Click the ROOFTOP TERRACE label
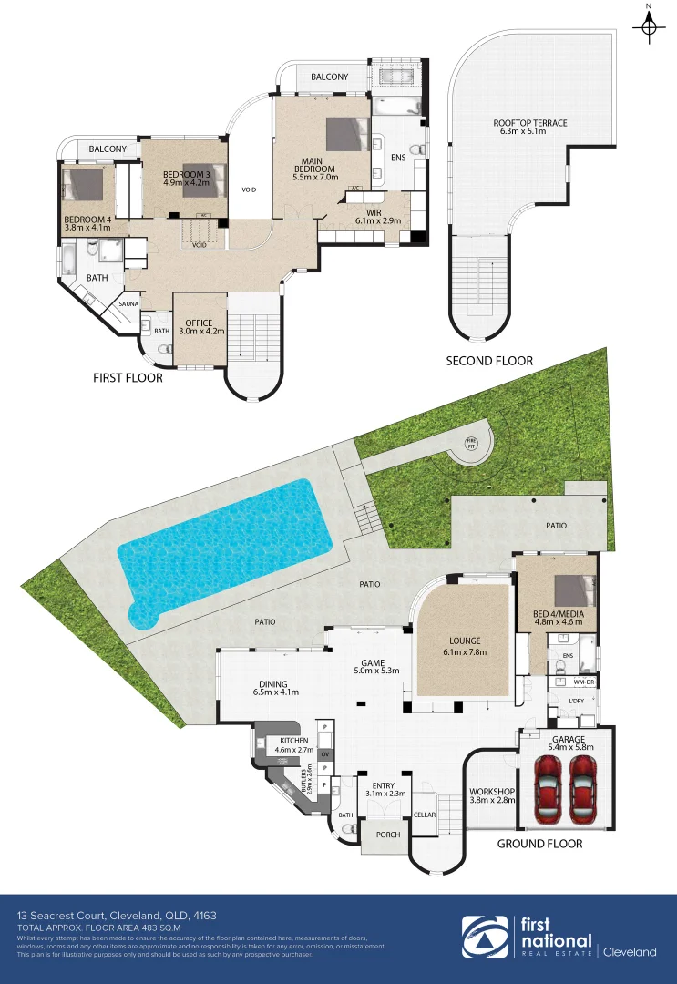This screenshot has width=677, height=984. point(530,123)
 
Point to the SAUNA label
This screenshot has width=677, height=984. point(127,304)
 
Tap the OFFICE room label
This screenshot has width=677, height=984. point(199,323)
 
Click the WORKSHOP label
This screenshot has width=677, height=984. point(492,791)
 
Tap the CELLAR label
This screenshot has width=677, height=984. point(425,815)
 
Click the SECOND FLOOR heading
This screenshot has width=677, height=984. point(488,361)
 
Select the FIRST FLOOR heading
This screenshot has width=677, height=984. point(128,377)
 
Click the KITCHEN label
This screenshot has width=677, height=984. point(293,740)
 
